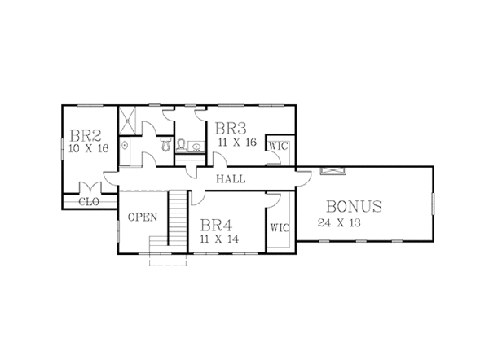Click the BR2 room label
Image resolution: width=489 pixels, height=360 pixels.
coord(85,135)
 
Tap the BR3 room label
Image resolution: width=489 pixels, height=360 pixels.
coord(231,128)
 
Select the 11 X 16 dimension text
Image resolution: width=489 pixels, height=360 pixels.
coord(237,142)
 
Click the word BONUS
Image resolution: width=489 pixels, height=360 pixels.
coord(354,207)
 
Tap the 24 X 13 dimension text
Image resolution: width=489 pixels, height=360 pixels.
coord(339,222)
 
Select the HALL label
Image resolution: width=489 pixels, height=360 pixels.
coord(231,179)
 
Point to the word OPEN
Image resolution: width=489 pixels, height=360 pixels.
coord(142,217)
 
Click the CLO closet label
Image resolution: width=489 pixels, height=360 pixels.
coord(89,201)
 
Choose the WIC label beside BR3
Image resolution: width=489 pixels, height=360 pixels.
coord(279,146)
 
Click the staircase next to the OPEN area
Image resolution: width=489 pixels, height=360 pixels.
coord(178,217)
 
